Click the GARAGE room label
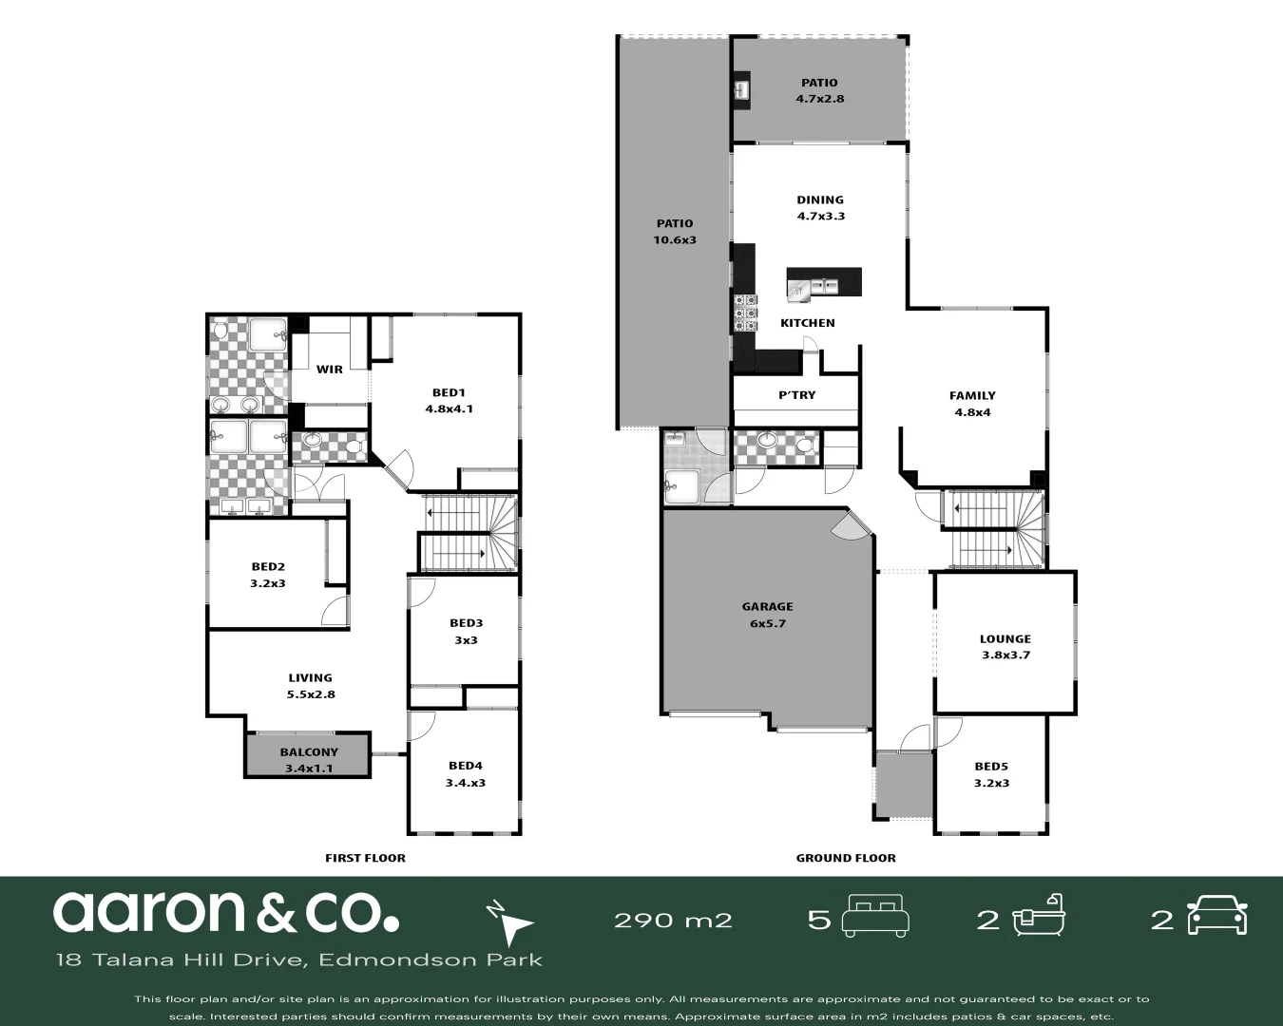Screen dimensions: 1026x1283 click(767, 606)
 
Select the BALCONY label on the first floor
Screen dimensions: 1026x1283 click(309, 751)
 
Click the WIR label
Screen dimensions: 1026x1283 click(330, 370)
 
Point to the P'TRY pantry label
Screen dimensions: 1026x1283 click(796, 395)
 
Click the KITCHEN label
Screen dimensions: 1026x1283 click(807, 323)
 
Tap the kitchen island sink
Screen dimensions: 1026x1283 click(823, 284)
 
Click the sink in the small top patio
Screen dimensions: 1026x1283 click(741, 90)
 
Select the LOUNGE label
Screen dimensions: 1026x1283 click(1005, 639)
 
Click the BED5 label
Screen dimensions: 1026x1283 click(991, 767)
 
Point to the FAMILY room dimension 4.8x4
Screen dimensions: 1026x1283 click(972, 412)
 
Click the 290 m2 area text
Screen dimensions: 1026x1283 click(673, 920)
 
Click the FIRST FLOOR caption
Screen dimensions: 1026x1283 click(365, 858)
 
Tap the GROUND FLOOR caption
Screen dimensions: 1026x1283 click(845, 858)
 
